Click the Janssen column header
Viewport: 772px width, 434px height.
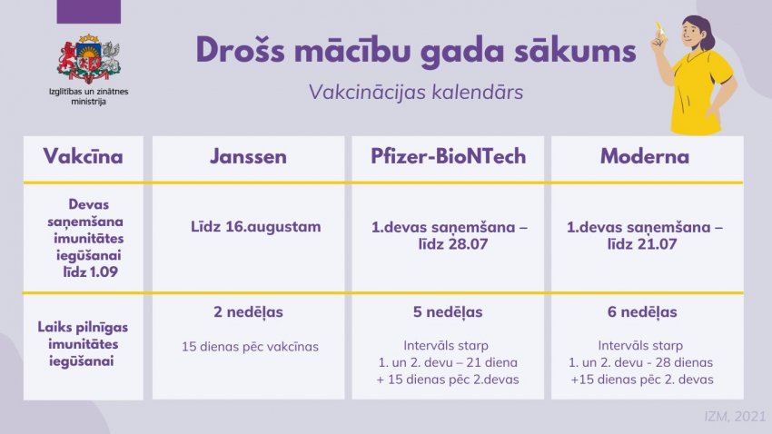(x=248, y=156)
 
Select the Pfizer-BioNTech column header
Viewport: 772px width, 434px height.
(x=448, y=156)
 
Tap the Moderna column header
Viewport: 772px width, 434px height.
(x=645, y=156)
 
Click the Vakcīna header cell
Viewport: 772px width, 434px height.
(x=83, y=156)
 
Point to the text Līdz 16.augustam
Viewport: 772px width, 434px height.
(x=255, y=227)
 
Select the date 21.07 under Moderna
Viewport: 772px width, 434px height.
(x=656, y=244)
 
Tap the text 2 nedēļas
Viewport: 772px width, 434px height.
(x=248, y=312)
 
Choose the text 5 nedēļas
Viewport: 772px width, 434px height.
(x=448, y=312)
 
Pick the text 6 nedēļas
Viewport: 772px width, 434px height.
(x=642, y=312)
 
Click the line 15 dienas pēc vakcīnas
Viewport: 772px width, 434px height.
(x=250, y=347)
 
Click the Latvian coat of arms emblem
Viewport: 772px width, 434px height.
(x=89, y=59)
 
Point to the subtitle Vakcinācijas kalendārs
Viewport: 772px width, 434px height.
(x=416, y=92)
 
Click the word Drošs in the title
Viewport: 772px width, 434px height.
(x=241, y=50)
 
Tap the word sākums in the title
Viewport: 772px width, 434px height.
(x=575, y=50)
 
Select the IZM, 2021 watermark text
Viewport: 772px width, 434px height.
(x=735, y=417)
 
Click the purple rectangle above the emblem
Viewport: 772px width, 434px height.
(x=89, y=12)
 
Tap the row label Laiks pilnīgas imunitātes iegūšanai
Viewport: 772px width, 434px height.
(x=83, y=344)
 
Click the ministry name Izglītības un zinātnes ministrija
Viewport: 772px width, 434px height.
(x=89, y=96)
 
